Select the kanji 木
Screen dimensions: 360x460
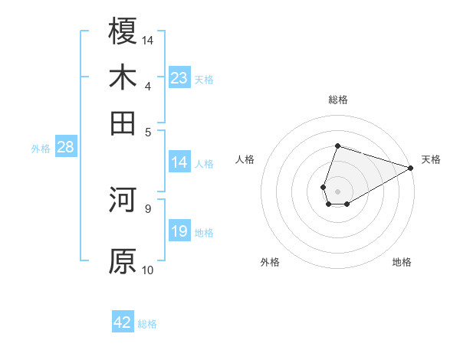point(123,77)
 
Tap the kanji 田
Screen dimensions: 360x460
point(123,123)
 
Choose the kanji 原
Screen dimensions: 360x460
point(123,260)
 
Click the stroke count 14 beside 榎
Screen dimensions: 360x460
point(149,39)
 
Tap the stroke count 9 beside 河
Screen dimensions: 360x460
point(148,208)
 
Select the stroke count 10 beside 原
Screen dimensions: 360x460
point(148,269)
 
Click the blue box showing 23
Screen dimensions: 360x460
point(179,78)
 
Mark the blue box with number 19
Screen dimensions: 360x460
point(179,231)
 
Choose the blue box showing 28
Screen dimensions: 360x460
point(65,147)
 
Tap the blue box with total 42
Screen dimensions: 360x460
point(123,322)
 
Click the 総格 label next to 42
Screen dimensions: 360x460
point(147,324)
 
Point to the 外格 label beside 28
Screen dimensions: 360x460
point(40,149)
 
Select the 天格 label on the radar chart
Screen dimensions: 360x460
point(431,159)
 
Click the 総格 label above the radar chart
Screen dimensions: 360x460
point(337,100)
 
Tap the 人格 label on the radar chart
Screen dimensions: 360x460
point(245,159)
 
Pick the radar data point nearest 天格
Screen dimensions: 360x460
point(411,168)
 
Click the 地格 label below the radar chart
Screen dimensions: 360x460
point(402,262)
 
